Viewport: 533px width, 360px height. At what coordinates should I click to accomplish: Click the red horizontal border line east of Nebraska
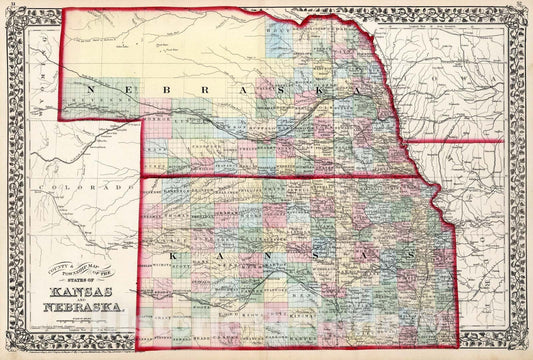click(460, 142)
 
